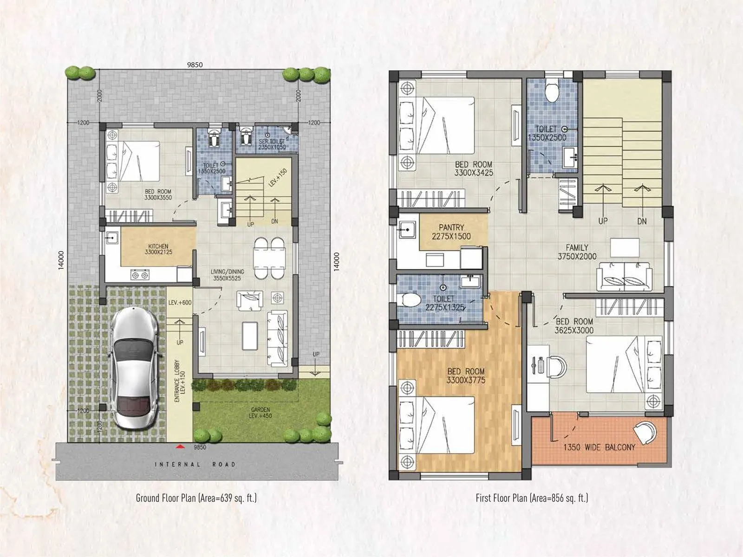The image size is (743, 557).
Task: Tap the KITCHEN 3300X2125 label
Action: click(158, 249)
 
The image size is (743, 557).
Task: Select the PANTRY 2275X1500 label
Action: click(451, 232)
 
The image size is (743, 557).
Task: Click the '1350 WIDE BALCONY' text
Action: click(599, 447)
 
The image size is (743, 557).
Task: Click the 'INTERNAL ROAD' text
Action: click(195, 464)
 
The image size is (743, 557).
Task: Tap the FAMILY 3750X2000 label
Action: click(577, 252)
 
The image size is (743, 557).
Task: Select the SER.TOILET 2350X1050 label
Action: click(272, 144)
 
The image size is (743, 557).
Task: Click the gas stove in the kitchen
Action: click(140, 275)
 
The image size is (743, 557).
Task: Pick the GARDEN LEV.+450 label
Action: click(261, 413)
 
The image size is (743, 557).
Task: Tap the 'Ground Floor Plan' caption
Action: click(196, 498)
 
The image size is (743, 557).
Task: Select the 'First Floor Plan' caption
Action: click(532, 498)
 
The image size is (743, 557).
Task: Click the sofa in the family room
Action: click(623, 277)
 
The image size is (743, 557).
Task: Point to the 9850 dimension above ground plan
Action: click(195, 65)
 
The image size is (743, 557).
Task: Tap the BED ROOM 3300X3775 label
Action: click(466, 376)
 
